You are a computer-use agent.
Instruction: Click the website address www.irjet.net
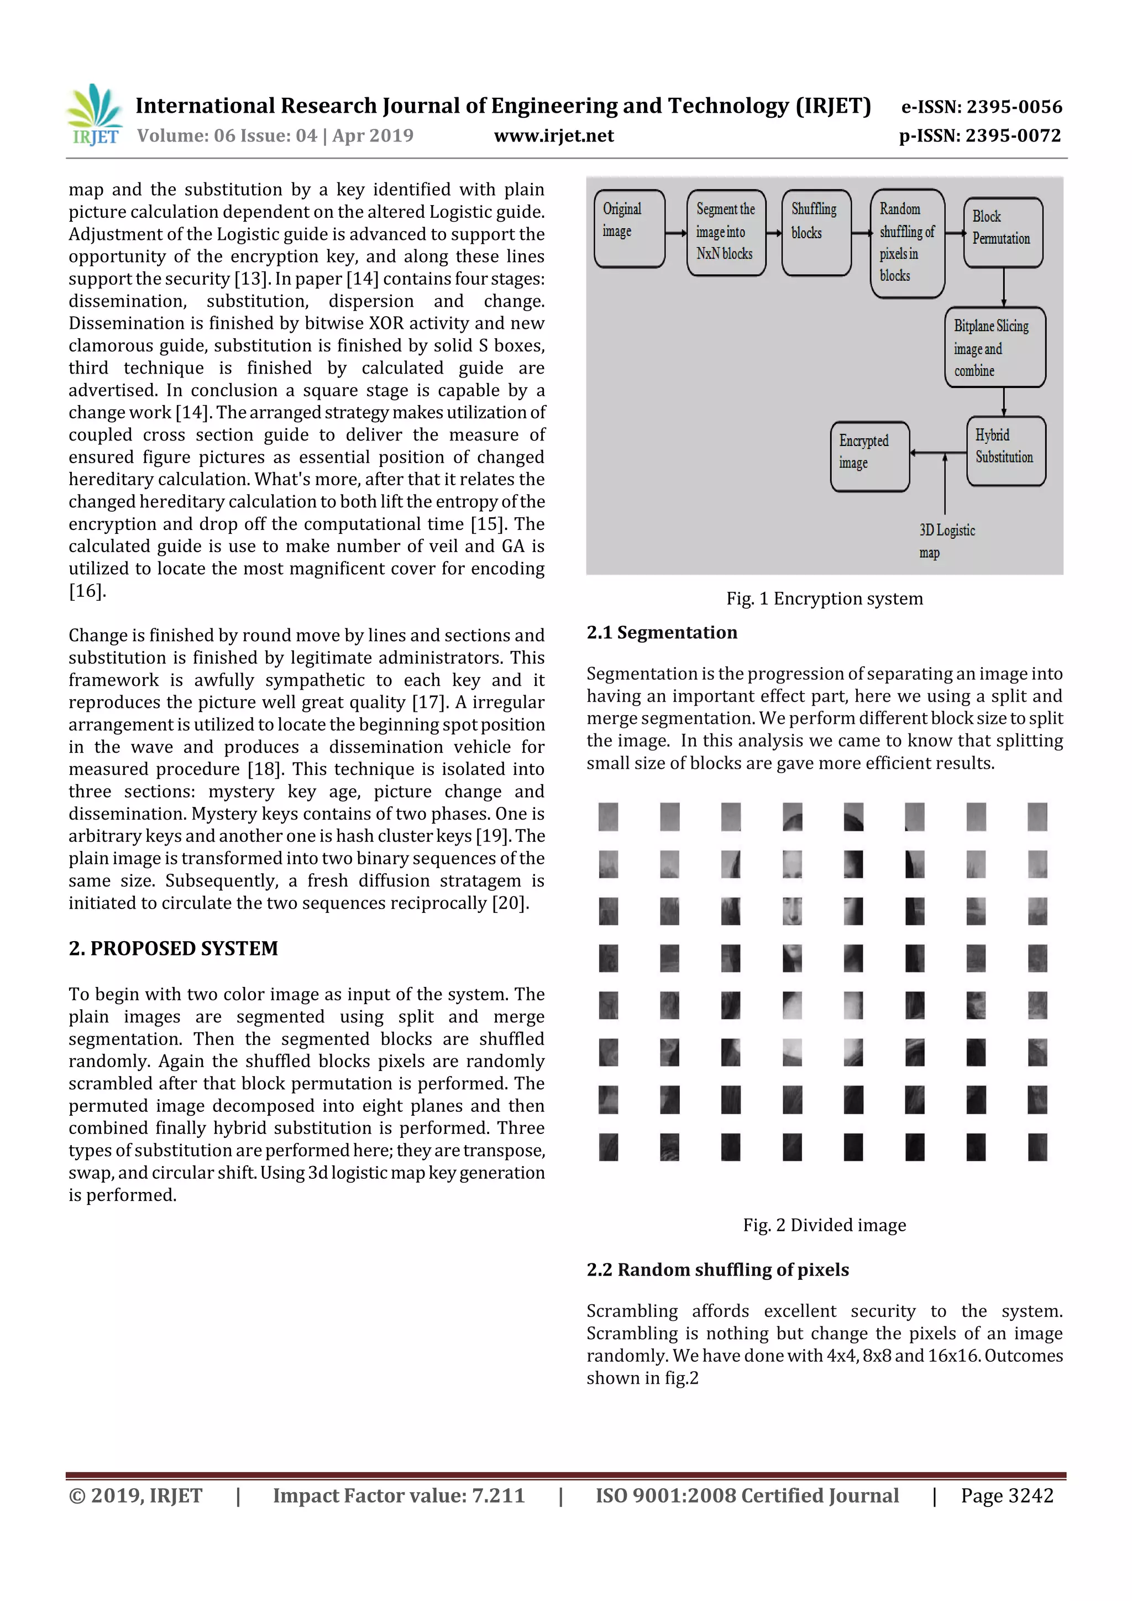[554, 136]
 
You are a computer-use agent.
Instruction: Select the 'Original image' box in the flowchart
[629, 229]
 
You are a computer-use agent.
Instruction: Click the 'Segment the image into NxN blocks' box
[726, 232]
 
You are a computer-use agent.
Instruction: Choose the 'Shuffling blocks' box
[816, 232]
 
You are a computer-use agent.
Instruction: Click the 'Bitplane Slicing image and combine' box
[994, 347]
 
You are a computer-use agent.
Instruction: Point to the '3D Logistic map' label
[946, 541]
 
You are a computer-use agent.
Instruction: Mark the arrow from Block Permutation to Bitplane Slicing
[1004, 287]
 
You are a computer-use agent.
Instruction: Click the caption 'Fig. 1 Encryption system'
[825, 599]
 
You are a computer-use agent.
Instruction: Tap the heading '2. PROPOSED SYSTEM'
[173, 948]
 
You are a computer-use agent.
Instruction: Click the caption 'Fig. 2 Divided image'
[825, 1225]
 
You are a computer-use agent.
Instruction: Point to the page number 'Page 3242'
[1007, 1495]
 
